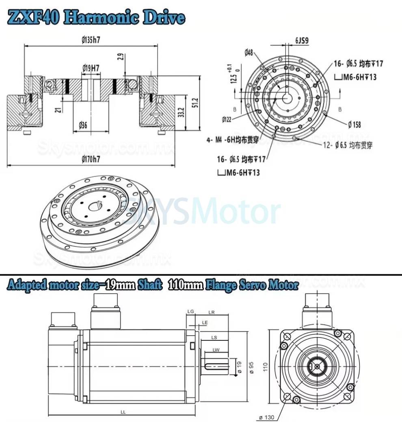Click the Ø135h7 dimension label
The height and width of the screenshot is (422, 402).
[91, 40]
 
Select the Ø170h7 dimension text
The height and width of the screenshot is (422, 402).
[91, 159]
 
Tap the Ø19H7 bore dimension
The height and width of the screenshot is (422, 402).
[91, 68]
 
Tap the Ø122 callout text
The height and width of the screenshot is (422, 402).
[229, 119]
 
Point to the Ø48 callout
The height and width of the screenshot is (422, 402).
[249, 52]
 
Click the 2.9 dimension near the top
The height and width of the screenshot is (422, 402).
[121, 56]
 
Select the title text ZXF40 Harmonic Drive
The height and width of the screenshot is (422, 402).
[96, 17]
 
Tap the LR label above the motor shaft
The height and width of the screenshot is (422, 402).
[211, 312]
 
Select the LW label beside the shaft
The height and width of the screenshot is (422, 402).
[216, 350]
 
